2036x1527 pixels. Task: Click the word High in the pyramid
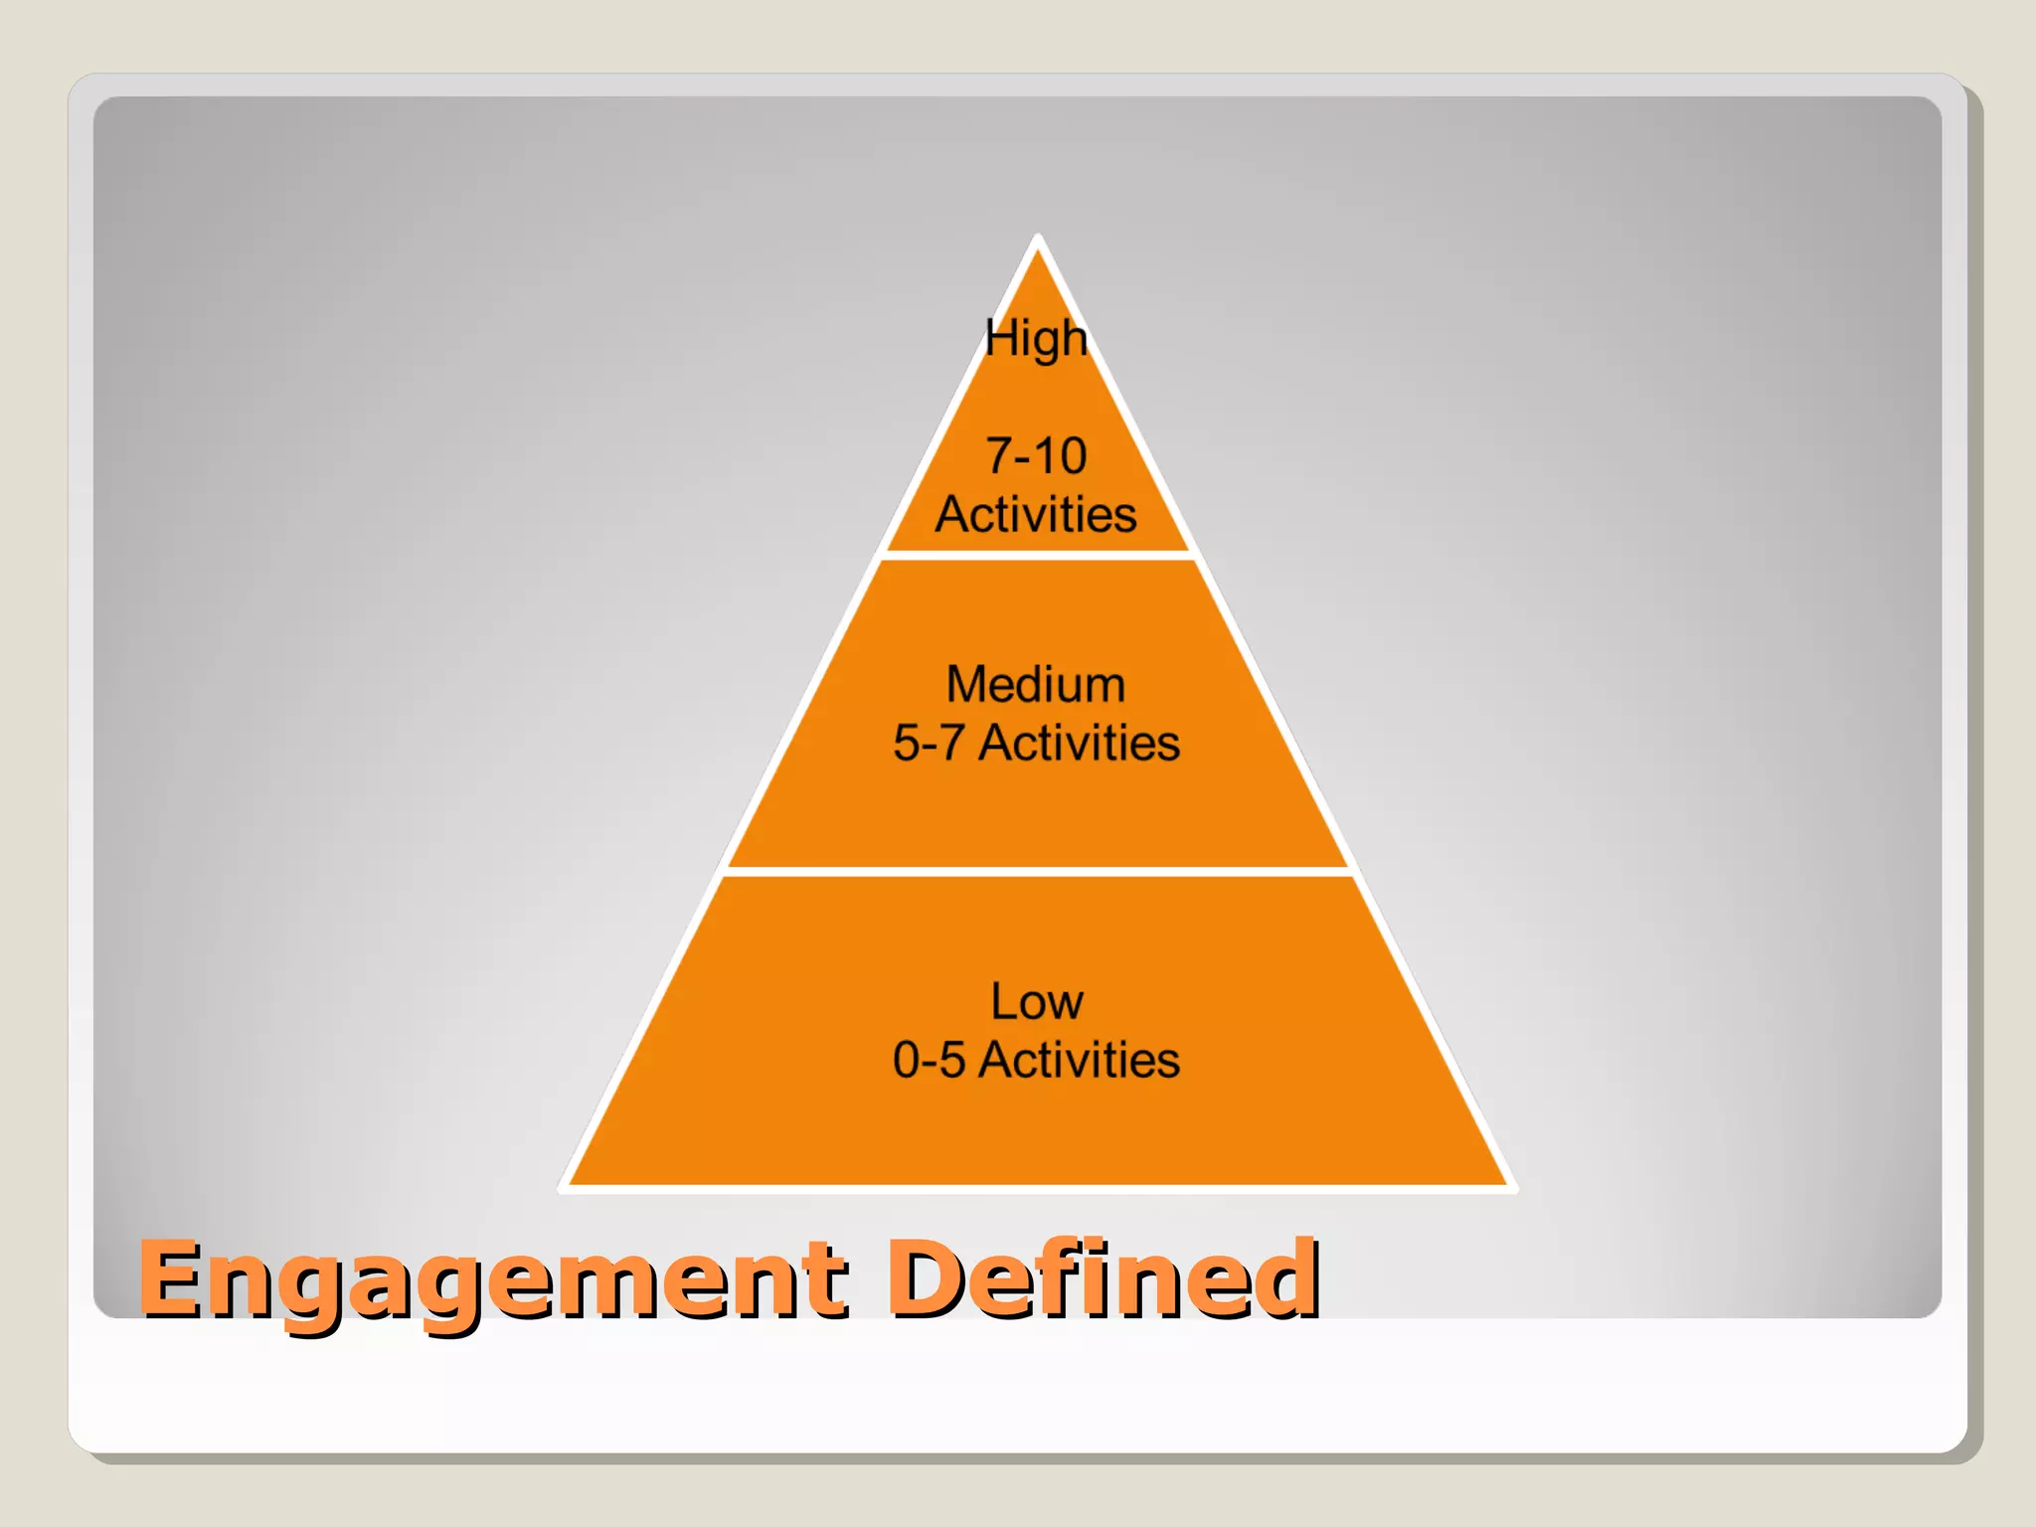pyautogui.click(x=1036, y=339)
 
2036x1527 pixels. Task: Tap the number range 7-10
pyautogui.click(x=1036, y=456)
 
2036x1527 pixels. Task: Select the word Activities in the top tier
pyautogui.click(x=1036, y=515)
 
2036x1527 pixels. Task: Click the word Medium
pyautogui.click(x=1036, y=685)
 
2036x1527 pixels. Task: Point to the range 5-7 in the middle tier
pyautogui.click(x=929, y=744)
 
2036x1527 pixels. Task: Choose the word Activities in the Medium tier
pyautogui.click(x=1080, y=744)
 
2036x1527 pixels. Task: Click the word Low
pyautogui.click(x=1036, y=1001)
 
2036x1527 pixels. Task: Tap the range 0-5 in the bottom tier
pyautogui.click(x=929, y=1060)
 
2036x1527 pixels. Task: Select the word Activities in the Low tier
pyautogui.click(x=1080, y=1060)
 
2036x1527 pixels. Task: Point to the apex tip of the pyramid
pyautogui.click(x=1038, y=242)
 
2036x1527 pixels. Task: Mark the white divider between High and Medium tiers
pyautogui.click(x=1038, y=556)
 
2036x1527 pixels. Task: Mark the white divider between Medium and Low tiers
pyautogui.click(x=1038, y=872)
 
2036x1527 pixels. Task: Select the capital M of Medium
pyautogui.click(x=967, y=685)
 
